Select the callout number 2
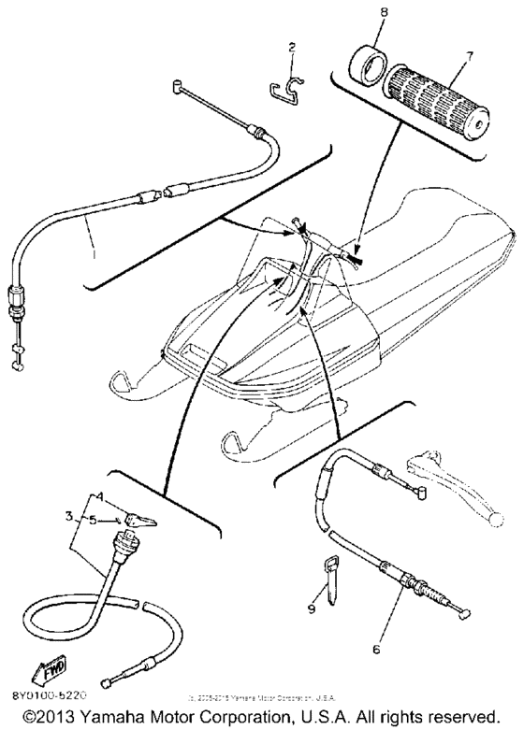pyautogui.click(x=293, y=47)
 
